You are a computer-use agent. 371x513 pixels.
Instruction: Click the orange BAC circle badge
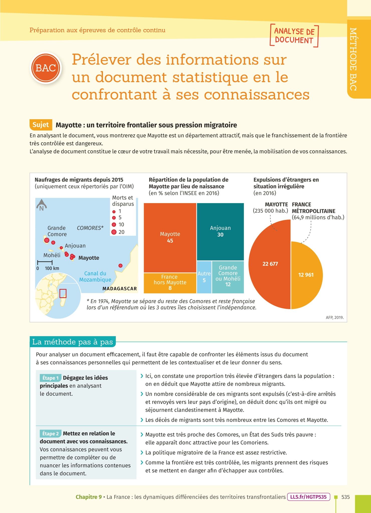point(46,68)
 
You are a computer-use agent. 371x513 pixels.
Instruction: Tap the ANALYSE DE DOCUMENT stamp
point(294,36)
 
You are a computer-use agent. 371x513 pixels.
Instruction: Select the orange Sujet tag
point(41,125)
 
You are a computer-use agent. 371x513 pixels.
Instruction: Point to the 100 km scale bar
point(45,262)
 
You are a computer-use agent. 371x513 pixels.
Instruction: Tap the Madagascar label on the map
point(120,289)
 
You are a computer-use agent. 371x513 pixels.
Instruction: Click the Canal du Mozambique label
point(95,277)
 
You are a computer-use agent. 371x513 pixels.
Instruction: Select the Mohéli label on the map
point(52,255)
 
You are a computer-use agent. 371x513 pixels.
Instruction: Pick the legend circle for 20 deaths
point(114,232)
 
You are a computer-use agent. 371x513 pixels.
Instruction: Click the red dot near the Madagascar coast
point(120,266)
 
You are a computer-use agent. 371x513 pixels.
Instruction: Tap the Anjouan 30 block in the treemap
point(220,231)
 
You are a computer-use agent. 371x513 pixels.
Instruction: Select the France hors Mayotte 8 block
point(170,283)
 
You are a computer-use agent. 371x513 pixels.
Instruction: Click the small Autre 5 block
point(204,277)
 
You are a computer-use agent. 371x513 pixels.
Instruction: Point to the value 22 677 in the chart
point(270,264)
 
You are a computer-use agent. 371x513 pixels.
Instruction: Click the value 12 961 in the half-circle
point(306,275)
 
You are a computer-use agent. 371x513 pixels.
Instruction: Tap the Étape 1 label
point(50,378)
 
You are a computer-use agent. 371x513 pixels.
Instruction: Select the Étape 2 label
point(50,434)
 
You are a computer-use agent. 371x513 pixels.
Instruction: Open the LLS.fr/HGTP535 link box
point(308,497)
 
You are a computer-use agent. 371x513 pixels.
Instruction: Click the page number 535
point(345,497)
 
